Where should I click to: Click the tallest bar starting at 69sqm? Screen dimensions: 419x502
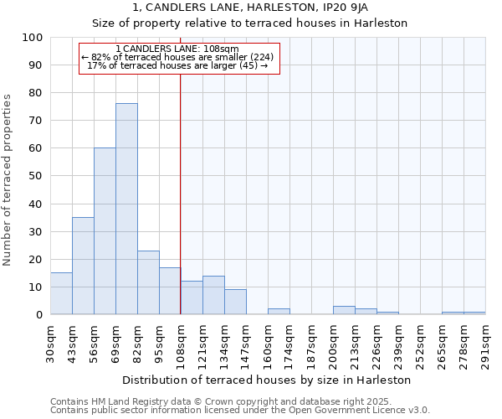[x=126, y=209]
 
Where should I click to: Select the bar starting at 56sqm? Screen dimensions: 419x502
[x=105, y=231]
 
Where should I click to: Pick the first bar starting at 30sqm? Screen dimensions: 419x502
[x=61, y=293]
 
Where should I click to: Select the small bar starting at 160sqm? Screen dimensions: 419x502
[x=279, y=312]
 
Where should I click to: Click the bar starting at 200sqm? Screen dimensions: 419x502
[x=344, y=310]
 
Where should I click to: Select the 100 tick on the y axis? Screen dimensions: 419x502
[x=33, y=38]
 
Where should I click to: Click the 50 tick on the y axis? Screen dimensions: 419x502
[x=36, y=176]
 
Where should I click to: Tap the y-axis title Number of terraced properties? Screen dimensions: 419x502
[x=8, y=179]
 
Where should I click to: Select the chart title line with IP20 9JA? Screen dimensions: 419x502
[x=250, y=8]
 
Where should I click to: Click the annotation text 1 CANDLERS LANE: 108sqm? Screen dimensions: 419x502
[x=177, y=49]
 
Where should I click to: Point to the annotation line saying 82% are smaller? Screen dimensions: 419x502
[x=177, y=57]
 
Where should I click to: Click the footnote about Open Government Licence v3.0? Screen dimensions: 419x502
[x=240, y=411]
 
